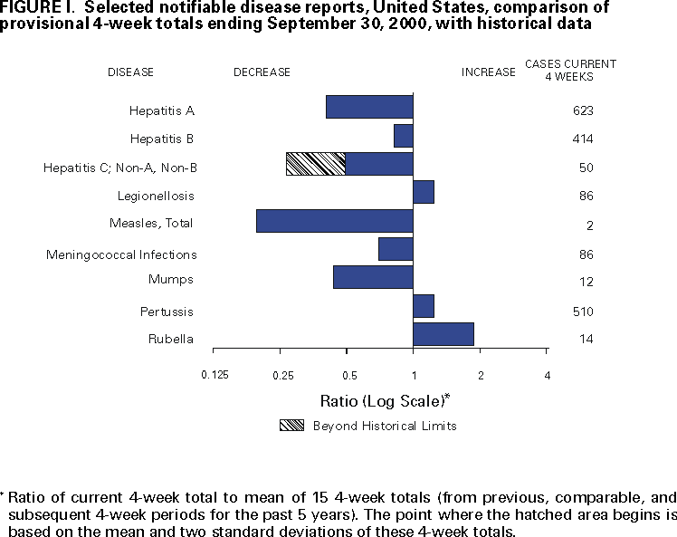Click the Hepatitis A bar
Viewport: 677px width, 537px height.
coord(369,107)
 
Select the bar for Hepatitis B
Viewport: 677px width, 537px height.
coord(404,136)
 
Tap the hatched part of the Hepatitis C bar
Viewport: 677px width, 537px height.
coord(315,164)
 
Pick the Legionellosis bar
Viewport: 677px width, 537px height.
coord(424,192)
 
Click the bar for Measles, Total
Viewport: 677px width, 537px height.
coord(335,221)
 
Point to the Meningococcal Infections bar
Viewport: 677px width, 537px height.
coord(396,249)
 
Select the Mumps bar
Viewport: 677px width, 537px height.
coord(373,277)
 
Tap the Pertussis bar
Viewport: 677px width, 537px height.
coord(424,306)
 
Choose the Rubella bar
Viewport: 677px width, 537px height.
coord(443,334)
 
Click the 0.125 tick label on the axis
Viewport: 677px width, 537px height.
coord(215,375)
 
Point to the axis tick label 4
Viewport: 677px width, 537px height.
coord(547,375)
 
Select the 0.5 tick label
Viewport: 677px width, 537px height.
coord(348,375)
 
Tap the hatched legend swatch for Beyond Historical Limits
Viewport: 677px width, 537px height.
coord(292,426)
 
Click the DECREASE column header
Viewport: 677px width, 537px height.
coord(262,72)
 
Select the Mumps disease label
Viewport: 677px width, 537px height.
coord(171,279)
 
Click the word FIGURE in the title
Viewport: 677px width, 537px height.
coord(31,7)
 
